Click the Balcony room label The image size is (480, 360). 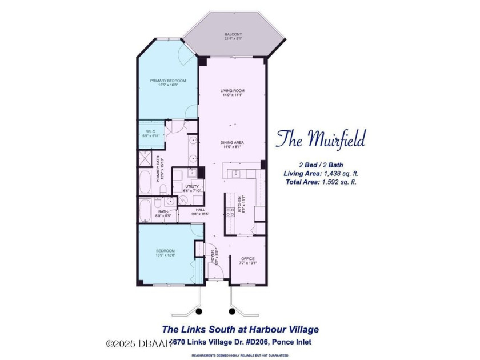[x=233, y=35]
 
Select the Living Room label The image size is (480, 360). [x=233, y=91]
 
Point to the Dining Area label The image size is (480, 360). [x=233, y=143]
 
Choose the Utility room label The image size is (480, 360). [x=192, y=187]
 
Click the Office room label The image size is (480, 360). [x=248, y=259]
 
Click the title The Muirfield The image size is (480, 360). [x=320, y=139]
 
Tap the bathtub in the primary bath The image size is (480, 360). [x=145, y=186]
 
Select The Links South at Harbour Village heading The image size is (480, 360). [x=241, y=329]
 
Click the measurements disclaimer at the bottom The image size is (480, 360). [x=241, y=354]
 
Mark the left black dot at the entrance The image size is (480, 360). [x=199, y=311]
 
